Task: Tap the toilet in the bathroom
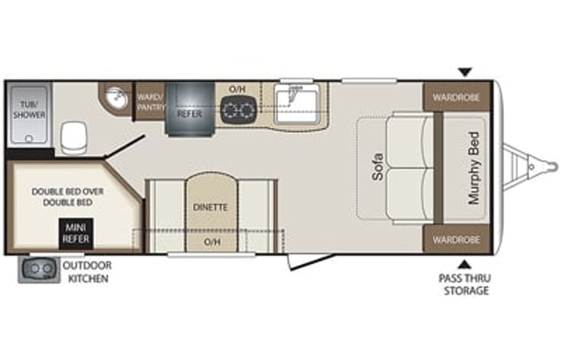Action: coord(74,137)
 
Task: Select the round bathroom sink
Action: coord(117,97)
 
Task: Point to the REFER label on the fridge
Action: coord(190,114)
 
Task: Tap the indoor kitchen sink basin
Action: coord(296,104)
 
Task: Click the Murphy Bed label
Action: coord(474,168)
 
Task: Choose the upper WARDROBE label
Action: coord(456,97)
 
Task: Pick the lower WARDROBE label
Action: coord(456,239)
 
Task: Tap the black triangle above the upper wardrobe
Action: coord(465,72)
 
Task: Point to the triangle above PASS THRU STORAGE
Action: coord(464,265)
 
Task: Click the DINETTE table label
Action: coord(210,207)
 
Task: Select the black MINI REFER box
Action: coord(76,233)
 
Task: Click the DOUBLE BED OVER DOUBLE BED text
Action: coord(68,197)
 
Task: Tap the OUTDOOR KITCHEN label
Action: coord(87,272)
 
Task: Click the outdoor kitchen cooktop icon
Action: coord(39,269)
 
